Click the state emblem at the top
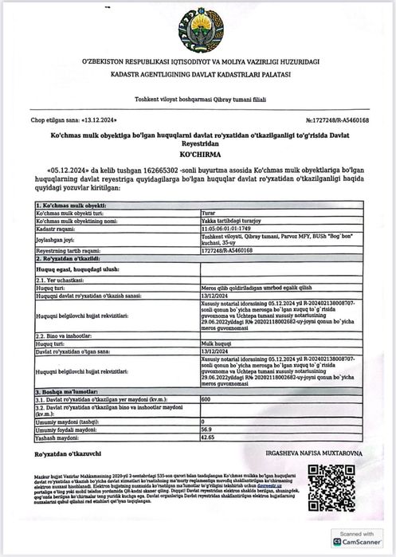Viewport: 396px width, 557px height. coord(199,29)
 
